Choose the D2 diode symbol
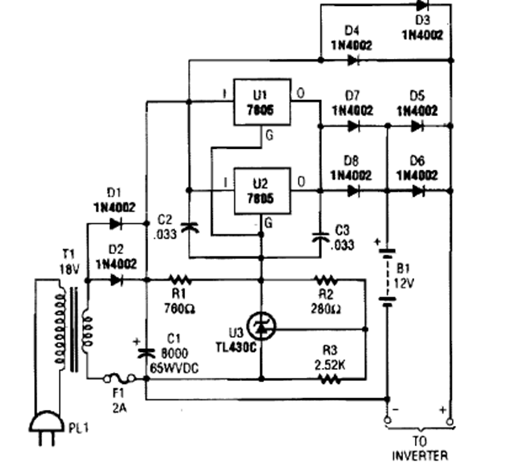pyautogui.click(x=116, y=280)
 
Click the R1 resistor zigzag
pyautogui.click(x=178, y=280)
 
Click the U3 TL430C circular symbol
pyautogui.click(x=261, y=326)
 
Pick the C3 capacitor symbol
pyautogui.click(x=320, y=234)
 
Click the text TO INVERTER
pyautogui.click(x=420, y=450)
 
